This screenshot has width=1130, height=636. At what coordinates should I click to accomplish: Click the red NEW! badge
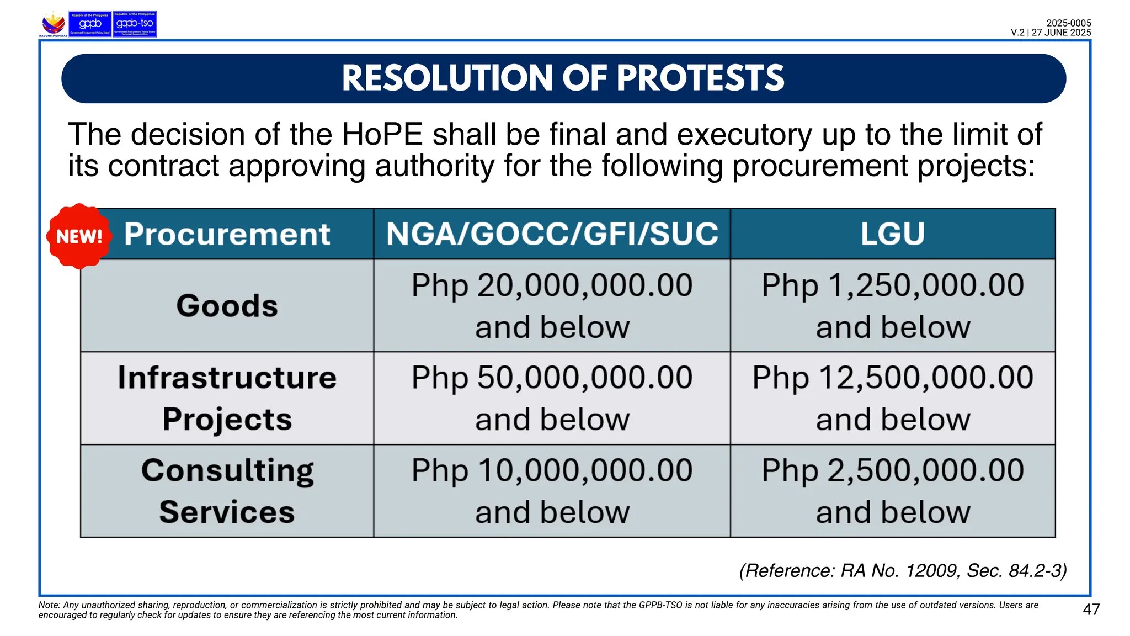click(79, 236)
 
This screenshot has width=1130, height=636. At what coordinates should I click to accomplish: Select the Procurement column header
click(227, 234)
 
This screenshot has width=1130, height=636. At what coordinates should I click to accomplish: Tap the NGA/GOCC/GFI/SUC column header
click(552, 234)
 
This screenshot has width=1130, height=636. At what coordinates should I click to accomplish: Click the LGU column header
click(892, 234)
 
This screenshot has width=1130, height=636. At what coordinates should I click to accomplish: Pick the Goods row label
click(227, 306)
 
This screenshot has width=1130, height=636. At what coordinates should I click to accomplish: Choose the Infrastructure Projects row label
click(227, 398)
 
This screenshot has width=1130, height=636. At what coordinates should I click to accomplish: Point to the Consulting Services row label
click(227, 491)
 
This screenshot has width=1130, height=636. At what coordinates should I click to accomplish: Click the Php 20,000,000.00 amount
click(552, 286)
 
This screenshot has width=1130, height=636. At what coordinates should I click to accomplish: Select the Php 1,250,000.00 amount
click(892, 286)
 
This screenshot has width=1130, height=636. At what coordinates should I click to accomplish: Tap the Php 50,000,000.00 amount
click(552, 378)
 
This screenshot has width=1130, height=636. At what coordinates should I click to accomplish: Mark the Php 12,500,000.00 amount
click(892, 378)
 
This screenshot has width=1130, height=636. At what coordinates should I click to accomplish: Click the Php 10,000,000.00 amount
click(552, 471)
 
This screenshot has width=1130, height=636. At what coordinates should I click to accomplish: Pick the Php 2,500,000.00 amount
click(892, 471)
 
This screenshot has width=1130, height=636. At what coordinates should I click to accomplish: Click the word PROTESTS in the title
click(700, 78)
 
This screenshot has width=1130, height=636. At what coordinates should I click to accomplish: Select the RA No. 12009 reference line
click(903, 570)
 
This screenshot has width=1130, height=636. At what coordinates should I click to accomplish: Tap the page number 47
click(1091, 609)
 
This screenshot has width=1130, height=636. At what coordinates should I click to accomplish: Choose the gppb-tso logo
click(135, 24)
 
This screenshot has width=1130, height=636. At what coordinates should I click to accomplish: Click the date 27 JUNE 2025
click(1061, 33)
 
